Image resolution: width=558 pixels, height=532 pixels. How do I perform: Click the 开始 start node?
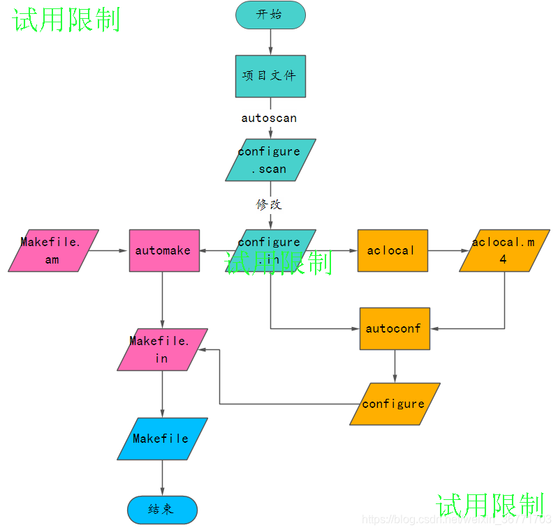tap(270, 15)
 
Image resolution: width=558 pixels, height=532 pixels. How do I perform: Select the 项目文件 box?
tap(270, 76)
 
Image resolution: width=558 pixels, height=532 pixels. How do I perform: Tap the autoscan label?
tap(269, 119)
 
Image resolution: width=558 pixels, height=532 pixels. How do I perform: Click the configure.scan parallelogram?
tap(270, 160)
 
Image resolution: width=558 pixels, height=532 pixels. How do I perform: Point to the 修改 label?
tap(269, 205)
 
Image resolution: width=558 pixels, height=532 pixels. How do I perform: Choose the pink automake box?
tap(164, 250)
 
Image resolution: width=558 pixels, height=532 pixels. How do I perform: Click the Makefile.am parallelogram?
tap(53, 250)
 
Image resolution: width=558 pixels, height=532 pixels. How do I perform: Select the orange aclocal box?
tap(392, 250)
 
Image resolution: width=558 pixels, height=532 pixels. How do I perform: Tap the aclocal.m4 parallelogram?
tap(504, 250)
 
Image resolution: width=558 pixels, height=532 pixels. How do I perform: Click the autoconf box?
tap(395, 328)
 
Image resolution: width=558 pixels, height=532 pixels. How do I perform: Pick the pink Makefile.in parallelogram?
tap(162, 349)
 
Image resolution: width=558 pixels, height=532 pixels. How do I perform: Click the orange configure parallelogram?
tap(395, 404)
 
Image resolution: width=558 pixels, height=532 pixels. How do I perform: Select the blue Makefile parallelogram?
tap(162, 439)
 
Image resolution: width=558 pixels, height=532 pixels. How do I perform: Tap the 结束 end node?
tap(162, 510)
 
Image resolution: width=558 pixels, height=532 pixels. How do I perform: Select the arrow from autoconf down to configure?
tap(395, 366)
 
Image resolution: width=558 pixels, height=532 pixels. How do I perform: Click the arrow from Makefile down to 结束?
tap(162, 478)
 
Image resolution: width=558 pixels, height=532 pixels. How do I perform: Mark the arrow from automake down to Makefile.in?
tap(162, 300)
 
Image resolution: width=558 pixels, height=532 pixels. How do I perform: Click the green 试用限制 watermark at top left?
tap(67, 20)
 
